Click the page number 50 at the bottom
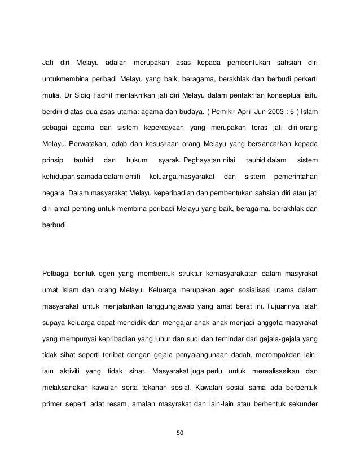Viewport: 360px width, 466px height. [180, 434]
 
